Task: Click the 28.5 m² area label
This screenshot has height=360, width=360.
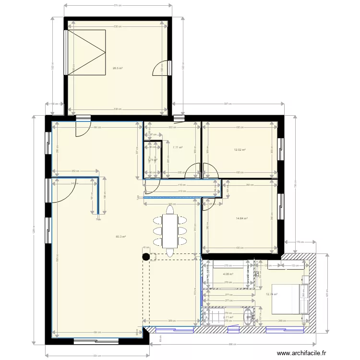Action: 118,68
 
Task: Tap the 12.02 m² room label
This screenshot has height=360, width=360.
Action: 240,150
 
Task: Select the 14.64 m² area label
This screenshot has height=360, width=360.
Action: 241,218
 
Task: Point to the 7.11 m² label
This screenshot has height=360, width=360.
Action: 177,147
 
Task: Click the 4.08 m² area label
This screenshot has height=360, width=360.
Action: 228,275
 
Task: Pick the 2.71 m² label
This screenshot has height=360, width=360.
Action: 228,317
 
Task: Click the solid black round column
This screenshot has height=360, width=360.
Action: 145,257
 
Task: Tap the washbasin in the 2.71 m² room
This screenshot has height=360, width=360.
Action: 249,316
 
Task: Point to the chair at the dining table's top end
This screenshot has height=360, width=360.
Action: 169,209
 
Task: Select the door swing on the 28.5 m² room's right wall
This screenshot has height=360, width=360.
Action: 160,68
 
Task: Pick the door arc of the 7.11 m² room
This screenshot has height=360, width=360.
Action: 193,171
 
